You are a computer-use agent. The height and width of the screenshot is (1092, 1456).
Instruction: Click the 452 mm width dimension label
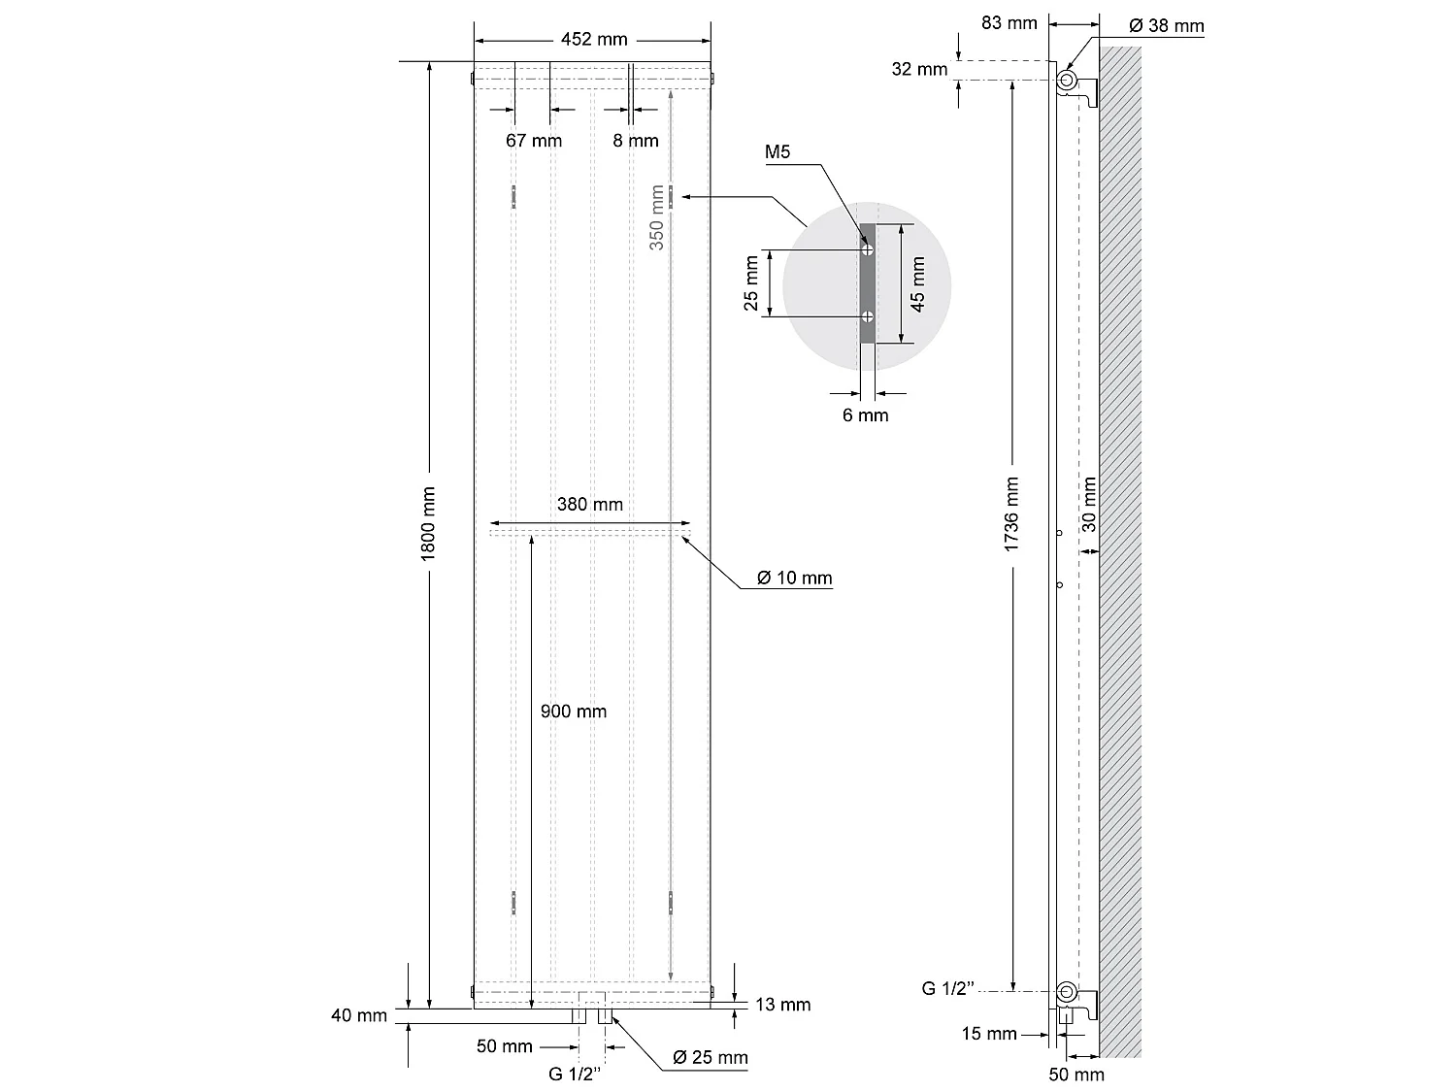tap(594, 40)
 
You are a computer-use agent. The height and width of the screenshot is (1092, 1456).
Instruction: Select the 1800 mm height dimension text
tap(428, 522)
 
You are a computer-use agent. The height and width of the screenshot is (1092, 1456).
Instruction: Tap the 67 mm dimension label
tap(533, 141)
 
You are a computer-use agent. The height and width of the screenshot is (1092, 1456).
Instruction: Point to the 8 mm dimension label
tap(636, 141)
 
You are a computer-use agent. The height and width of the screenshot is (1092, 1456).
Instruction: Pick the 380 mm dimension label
tap(590, 504)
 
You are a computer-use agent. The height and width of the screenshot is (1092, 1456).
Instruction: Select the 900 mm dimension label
tap(574, 711)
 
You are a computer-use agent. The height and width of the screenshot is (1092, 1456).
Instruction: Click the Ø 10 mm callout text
tap(795, 579)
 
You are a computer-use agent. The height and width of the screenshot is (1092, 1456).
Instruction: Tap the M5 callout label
tap(778, 152)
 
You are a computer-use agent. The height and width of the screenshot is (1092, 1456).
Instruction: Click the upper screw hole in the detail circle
tap(869, 249)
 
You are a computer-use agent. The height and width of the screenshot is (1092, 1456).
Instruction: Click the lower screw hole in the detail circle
tap(869, 316)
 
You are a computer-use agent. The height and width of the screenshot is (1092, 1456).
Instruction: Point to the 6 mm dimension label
tap(865, 415)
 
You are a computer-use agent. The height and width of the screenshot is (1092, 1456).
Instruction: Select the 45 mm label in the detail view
tap(918, 282)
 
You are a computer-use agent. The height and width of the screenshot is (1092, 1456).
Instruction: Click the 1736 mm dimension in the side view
tap(1011, 514)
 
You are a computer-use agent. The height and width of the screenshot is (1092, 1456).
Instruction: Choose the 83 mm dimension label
tap(1009, 22)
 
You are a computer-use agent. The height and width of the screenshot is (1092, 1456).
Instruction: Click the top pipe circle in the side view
tap(1067, 80)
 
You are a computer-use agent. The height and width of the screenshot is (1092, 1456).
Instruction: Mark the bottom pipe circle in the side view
tap(1067, 991)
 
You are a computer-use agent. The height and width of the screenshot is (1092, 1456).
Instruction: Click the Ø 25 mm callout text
tap(711, 1057)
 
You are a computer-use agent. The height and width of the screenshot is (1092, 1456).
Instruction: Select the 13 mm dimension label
tap(782, 1005)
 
